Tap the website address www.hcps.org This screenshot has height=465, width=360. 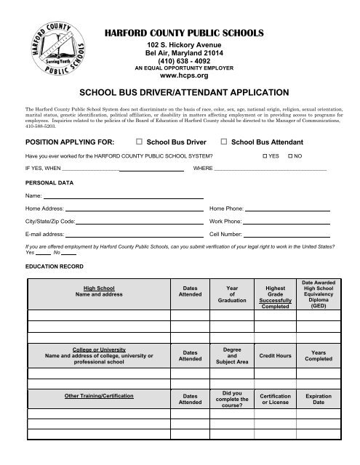(x=188, y=75)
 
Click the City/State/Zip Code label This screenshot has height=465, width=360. (x=49, y=221)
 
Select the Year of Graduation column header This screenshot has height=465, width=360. (x=232, y=294)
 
